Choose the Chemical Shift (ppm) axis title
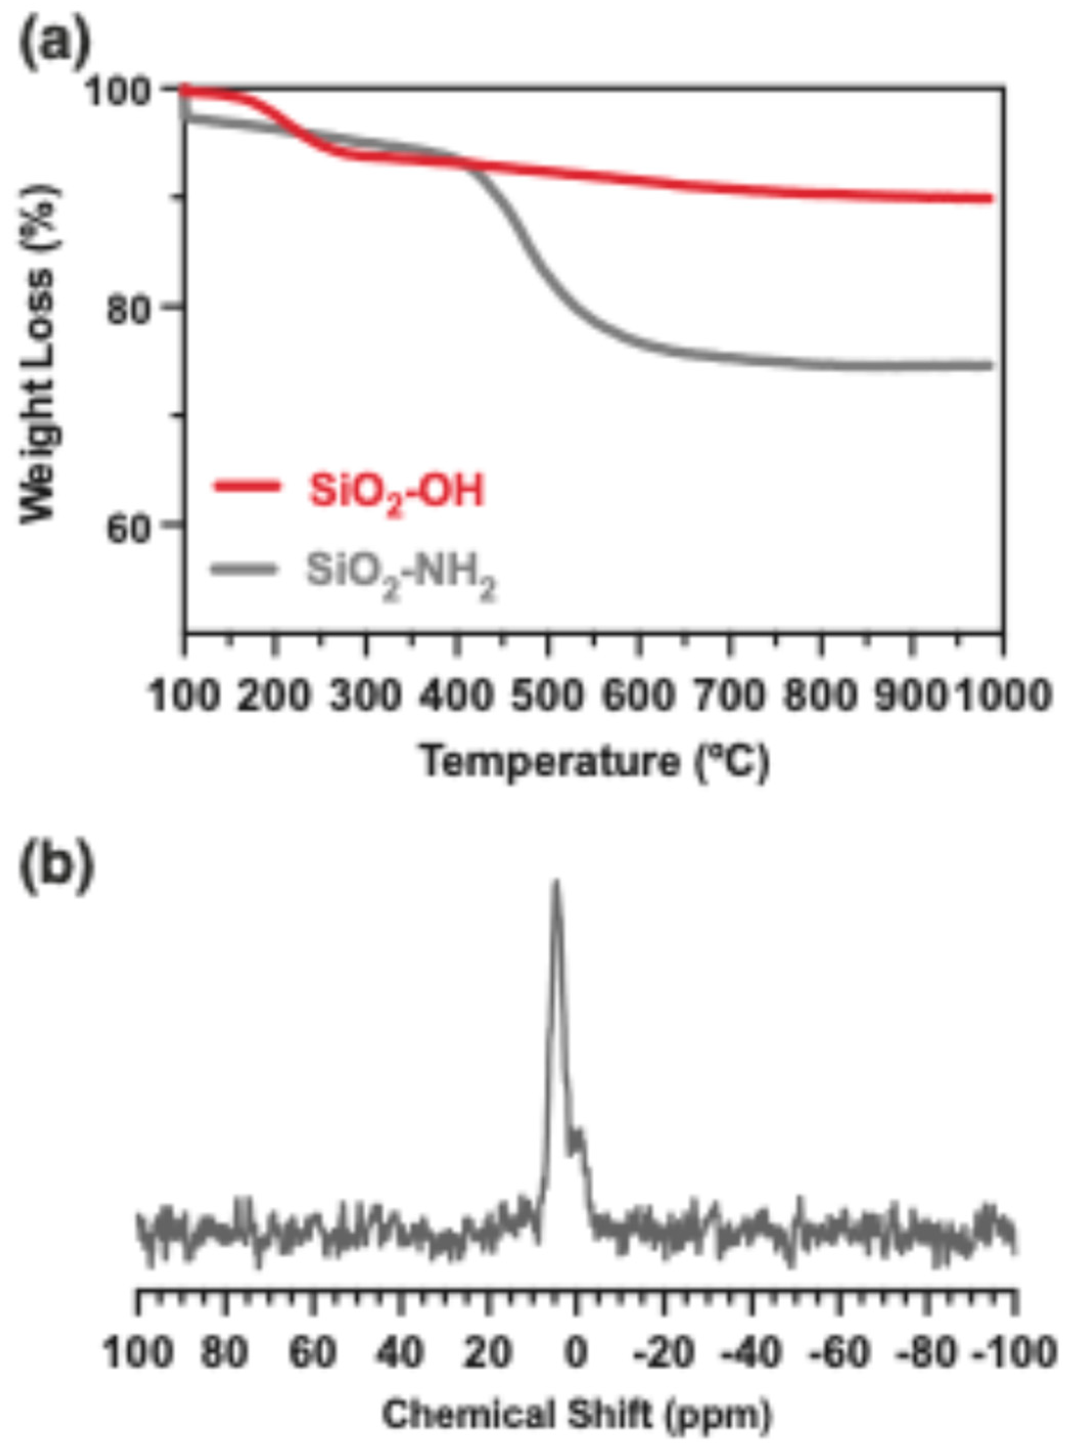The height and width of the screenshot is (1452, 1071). (577, 1415)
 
